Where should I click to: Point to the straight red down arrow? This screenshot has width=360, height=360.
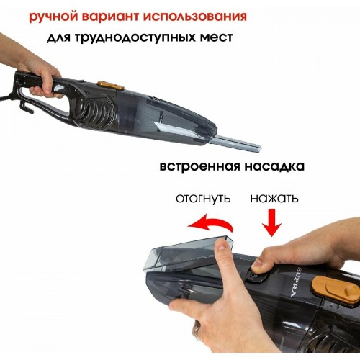273,222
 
